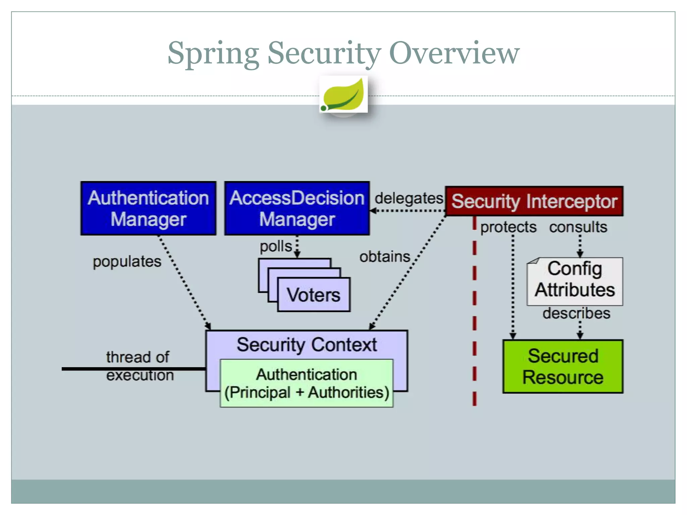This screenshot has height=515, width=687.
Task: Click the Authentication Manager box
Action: coord(148,208)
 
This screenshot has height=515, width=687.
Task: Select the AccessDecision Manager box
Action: coord(297,208)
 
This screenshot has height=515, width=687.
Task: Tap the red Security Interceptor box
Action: coord(534,201)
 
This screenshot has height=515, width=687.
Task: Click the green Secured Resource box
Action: coord(563,366)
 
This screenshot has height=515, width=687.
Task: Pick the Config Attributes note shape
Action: coord(575,281)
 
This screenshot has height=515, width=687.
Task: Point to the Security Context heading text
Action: coord(307,345)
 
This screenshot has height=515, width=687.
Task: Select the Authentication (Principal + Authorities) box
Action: coord(306,383)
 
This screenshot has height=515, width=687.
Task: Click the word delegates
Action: coord(409,198)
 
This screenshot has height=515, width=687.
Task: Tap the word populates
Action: coord(127,262)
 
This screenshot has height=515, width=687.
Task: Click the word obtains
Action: coord(385,257)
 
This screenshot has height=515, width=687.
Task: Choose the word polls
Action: coord(276,246)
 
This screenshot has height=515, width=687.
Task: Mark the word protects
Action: coord(508,227)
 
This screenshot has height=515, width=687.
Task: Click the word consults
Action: coord(578,227)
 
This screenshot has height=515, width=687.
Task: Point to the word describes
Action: coord(576,313)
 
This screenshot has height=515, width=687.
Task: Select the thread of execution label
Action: coord(139,366)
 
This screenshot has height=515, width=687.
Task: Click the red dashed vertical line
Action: coord(474,312)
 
